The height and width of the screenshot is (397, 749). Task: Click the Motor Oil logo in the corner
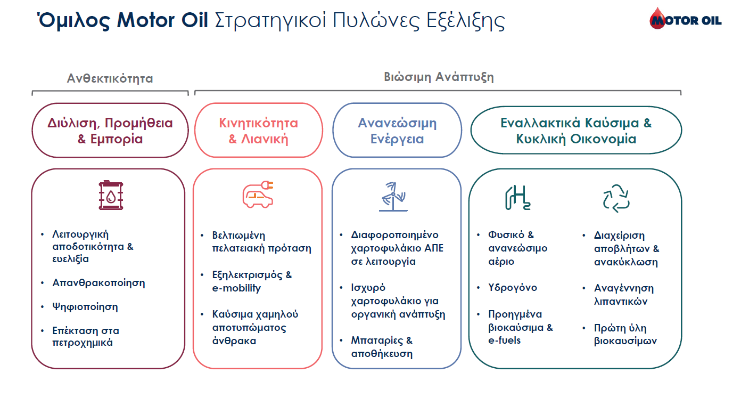685,19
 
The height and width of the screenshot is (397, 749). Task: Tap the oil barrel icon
111,195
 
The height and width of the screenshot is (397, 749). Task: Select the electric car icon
258,194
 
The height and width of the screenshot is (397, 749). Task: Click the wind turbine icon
393,197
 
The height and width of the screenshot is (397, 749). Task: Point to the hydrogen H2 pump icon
517,198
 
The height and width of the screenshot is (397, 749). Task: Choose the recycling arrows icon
616,198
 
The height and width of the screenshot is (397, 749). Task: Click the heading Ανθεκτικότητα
110,78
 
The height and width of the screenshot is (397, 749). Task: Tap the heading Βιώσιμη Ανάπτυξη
439,77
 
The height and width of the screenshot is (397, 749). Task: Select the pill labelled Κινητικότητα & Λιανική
259,130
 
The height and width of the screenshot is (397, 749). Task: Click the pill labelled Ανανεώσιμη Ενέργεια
397,130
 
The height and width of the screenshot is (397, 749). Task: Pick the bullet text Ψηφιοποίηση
85,307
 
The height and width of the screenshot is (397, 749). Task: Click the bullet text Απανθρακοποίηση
98,283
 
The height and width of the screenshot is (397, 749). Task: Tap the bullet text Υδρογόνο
513,288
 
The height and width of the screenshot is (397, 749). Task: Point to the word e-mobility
236,288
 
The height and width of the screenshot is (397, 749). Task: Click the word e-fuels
504,341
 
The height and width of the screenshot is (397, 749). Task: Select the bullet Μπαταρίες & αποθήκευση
382,347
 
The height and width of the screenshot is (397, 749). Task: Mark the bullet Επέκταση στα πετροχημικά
86,336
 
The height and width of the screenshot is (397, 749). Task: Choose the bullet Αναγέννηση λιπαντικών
623,295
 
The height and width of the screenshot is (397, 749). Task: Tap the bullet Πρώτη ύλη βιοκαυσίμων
625,335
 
